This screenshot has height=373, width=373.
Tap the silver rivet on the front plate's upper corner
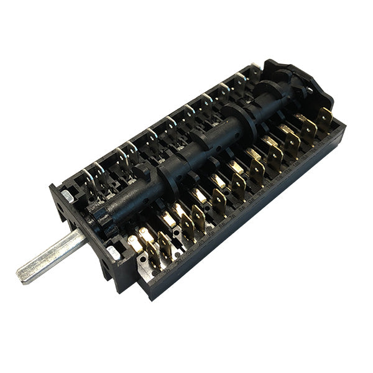pyautogui.click(x=67, y=195)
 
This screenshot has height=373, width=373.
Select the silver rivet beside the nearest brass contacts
pyautogui.click(x=113, y=252)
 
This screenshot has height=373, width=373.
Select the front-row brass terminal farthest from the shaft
pyautogui.click(x=325, y=118)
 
